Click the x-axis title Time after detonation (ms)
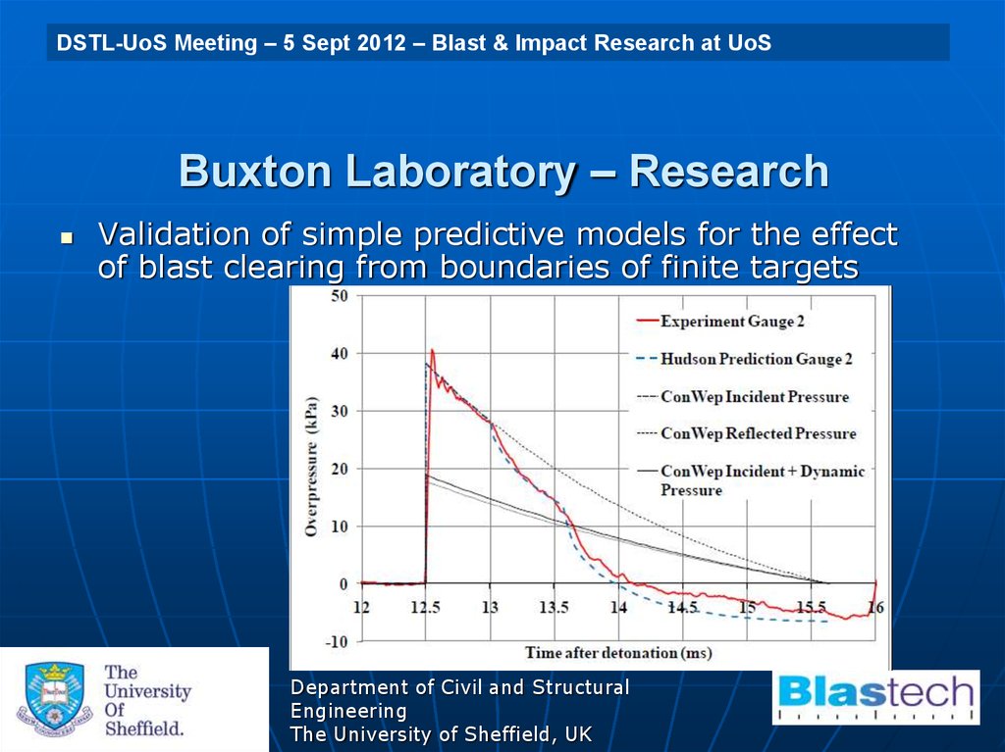click(x=617, y=652)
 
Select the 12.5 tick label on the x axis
click(x=426, y=608)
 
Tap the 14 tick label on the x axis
click(x=617, y=608)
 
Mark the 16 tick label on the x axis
click(x=874, y=608)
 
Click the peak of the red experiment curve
click(x=432, y=350)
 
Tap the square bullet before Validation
click(x=67, y=238)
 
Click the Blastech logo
click(x=876, y=696)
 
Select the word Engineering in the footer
click(x=348, y=711)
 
